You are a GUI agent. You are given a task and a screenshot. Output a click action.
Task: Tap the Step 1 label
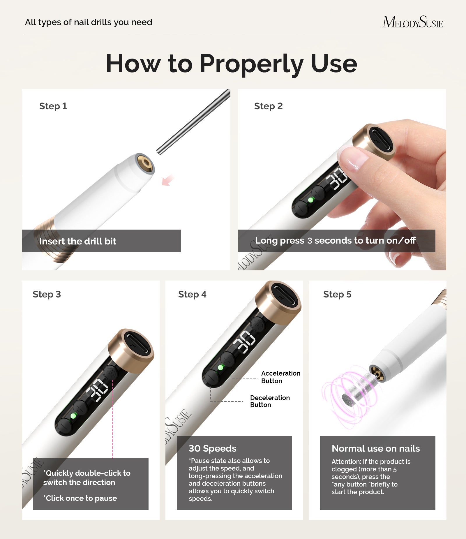(53, 106)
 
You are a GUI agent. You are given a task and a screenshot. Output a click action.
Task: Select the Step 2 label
(268, 106)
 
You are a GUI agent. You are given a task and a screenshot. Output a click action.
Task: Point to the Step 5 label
(337, 294)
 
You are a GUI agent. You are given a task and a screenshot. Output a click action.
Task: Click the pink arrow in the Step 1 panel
(168, 180)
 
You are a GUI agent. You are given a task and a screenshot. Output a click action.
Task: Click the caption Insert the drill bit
(77, 241)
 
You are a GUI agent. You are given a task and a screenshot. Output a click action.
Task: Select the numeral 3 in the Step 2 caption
(310, 241)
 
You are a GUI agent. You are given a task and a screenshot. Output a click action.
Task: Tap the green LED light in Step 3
(73, 416)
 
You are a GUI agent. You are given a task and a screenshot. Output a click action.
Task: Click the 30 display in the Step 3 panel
(97, 390)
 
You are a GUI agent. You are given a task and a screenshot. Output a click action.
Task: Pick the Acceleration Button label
(280, 377)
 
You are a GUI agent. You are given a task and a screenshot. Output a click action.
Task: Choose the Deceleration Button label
(270, 401)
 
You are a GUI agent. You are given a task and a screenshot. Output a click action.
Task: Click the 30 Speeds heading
(212, 448)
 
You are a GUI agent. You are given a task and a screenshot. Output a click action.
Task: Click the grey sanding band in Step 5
(359, 390)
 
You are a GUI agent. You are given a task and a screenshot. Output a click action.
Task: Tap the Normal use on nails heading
(375, 448)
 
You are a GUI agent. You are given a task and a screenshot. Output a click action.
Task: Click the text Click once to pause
(80, 498)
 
